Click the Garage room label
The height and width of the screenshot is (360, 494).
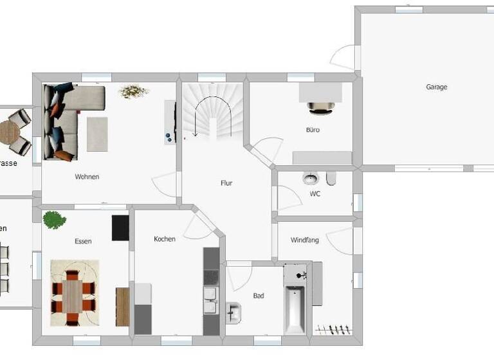tap(436, 87)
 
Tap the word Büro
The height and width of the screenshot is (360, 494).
tap(313, 130)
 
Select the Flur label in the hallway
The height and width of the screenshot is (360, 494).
tap(226, 183)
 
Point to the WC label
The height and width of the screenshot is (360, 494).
tap(315, 194)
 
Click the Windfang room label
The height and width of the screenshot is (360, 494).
tap(304, 240)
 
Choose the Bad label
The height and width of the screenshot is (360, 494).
tap(259, 296)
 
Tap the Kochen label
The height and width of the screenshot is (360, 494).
tap(165, 239)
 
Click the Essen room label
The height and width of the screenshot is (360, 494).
tap(83, 242)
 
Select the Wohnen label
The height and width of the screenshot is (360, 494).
tap(87, 177)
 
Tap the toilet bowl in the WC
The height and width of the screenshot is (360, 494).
tap(311, 178)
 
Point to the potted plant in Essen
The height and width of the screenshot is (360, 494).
tap(54, 220)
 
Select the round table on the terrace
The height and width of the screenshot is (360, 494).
tap(9, 132)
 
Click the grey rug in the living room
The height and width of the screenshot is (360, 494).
tap(97, 133)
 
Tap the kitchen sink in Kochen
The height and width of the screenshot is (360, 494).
tap(210, 300)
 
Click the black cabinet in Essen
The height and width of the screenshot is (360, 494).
tap(120, 228)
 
